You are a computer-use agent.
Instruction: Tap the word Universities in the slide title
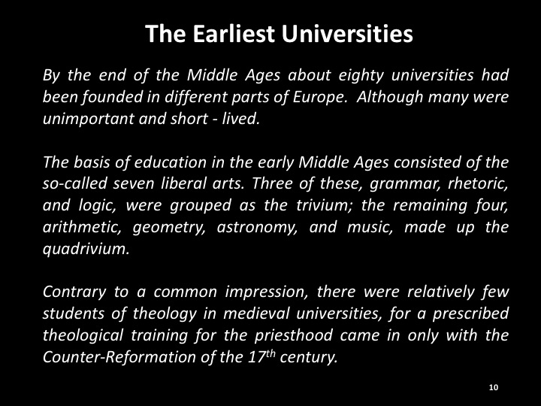point(347,34)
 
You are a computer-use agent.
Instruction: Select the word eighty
point(361,76)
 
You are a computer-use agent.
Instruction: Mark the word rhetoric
point(478,183)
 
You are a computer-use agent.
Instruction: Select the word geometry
point(169,228)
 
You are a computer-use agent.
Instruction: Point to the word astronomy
point(257,228)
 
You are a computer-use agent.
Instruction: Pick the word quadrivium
point(86,249)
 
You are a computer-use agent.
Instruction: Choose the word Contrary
point(74,292)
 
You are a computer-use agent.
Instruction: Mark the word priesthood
point(294,335)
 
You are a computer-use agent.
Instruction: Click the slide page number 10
point(494,387)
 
